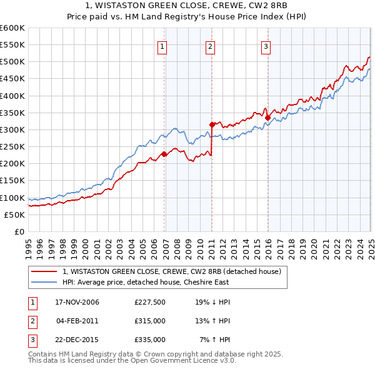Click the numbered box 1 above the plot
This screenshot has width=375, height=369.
162,46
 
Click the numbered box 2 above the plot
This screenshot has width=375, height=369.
211,46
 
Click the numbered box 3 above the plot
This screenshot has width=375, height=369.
266,46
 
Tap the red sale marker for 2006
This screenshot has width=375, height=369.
164,154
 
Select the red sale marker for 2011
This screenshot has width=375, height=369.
212,124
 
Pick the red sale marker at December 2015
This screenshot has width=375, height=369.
267,118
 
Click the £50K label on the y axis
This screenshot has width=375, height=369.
14,215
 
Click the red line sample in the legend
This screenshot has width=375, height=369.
44,271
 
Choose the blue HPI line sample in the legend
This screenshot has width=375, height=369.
44,282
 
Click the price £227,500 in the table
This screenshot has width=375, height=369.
149,302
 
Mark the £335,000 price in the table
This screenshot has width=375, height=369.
149,340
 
